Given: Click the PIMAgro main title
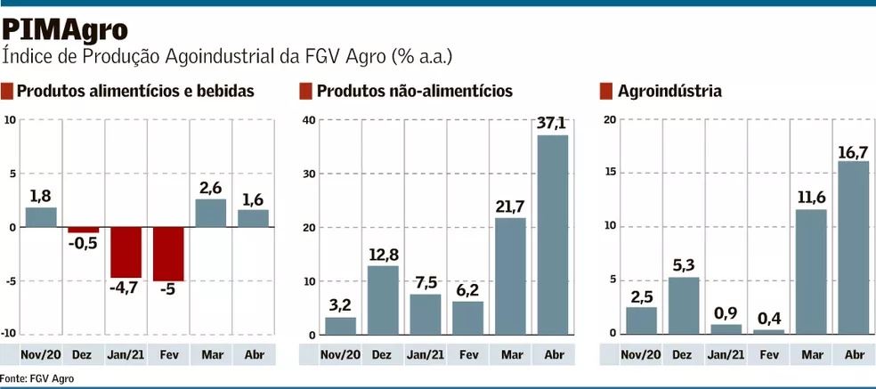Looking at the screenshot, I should [x=64, y=29].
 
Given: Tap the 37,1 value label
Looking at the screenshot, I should [x=551, y=123].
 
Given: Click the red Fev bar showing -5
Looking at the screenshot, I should [x=168, y=255].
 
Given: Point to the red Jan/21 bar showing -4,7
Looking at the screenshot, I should [x=126, y=253].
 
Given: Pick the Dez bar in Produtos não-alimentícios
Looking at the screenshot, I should [x=382, y=300].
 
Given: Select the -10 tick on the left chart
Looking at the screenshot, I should [x=11, y=334].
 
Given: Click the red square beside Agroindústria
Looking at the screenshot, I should [x=606, y=91].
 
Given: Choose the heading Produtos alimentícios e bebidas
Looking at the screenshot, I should [x=135, y=91].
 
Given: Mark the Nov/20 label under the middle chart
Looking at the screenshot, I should [x=339, y=354].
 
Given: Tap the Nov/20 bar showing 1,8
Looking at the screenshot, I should [x=41, y=217].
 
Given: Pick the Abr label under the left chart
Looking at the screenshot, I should [x=254, y=354].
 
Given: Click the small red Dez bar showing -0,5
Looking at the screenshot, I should [x=84, y=231].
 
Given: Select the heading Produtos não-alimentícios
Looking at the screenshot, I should [x=414, y=91].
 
